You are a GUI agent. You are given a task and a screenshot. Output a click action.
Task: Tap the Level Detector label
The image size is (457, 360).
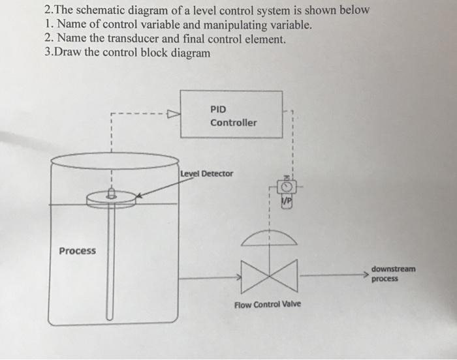pyautogui.click(x=206, y=173)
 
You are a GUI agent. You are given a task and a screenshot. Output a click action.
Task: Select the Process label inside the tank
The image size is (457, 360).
pyautogui.click(x=77, y=251)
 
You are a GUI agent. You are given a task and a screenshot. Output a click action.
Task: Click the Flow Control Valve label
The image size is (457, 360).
pyautogui.click(x=268, y=305)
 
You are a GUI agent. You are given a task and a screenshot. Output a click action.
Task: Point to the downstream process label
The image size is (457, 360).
pyautogui.click(x=393, y=273)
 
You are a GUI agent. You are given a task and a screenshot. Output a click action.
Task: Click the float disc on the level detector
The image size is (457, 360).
pyautogui.click(x=111, y=198)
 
